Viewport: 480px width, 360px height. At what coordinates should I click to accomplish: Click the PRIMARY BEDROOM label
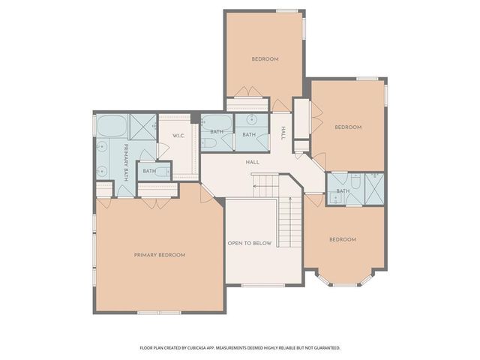tap(159, 255)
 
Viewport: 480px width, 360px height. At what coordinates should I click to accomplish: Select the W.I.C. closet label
tap(178, 136)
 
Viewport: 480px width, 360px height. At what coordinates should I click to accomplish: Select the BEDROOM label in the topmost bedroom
tap(265, 59)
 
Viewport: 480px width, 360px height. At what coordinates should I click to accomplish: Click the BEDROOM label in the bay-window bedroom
tap(342, 239)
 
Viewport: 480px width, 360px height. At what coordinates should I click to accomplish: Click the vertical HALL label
tap(283, 133)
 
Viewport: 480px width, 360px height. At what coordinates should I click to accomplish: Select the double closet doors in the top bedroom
tap(247, 93)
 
